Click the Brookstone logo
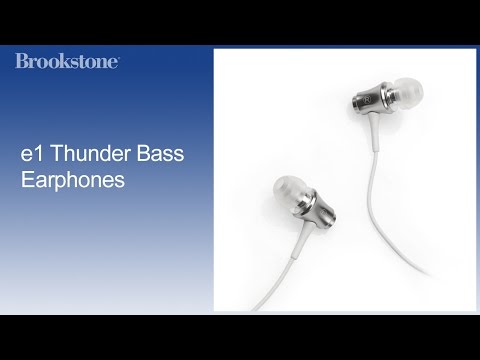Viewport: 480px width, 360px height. click(x=67, y=61)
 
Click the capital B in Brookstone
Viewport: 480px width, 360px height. click(x=22, y=61)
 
